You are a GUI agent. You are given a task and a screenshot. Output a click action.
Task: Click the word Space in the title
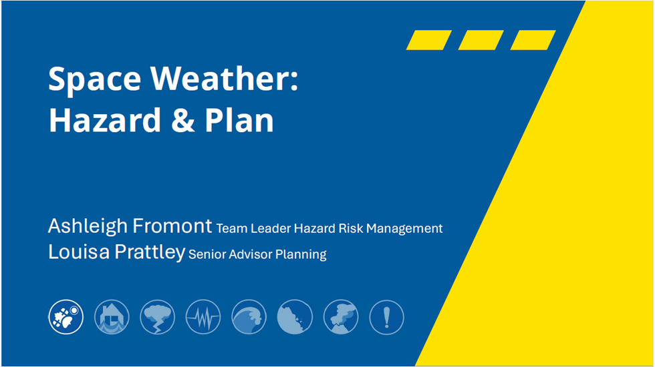(95, 79)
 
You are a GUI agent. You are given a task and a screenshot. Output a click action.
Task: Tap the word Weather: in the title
(225, 78)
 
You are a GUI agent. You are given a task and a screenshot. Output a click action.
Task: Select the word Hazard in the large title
(105, 120)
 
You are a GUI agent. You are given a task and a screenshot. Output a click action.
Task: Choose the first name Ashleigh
(88, 226)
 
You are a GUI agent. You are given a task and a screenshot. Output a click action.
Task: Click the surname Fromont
(172, 226)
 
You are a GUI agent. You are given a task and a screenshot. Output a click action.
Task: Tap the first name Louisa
(79, 252)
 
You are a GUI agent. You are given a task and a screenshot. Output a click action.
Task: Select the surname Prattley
(150, 253)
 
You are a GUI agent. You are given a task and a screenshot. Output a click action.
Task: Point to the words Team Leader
(253, 228)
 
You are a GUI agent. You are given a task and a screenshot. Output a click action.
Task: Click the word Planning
(301, 255)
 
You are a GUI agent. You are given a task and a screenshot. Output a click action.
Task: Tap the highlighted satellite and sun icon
(65, 317)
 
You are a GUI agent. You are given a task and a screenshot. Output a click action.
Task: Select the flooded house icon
(112, 317)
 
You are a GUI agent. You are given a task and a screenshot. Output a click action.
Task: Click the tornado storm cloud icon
(158, 317)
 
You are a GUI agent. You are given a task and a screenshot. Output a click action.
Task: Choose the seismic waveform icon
(203, 317)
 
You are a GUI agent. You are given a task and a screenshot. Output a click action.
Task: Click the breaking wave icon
(249, 317)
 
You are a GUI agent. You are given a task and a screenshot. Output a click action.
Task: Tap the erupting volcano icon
(341, 317)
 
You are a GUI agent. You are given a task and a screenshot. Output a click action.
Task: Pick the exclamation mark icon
(386, 317)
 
